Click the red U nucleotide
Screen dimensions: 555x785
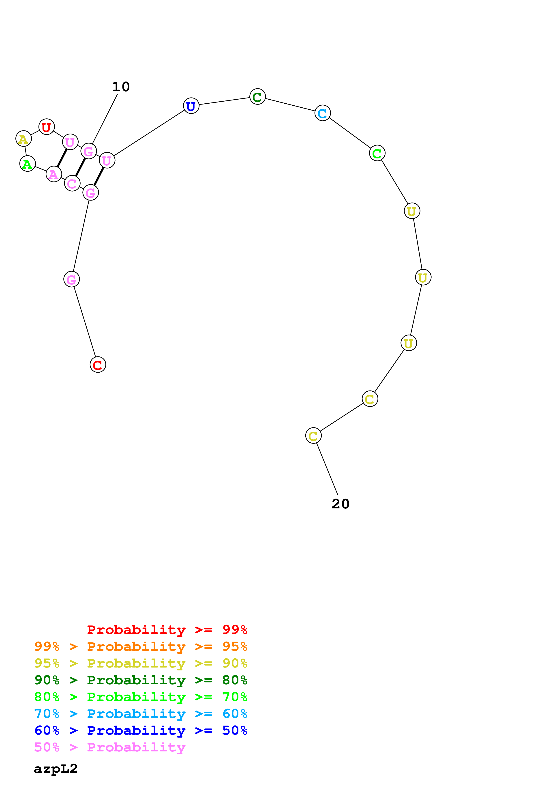point(47,127)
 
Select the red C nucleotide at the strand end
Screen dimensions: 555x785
point(98,365)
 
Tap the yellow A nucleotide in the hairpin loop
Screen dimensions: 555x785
point(24,139)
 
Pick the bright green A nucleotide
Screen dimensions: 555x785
point(27,164)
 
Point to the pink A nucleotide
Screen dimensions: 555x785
point(54,174)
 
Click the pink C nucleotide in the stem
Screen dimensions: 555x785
point(72,183)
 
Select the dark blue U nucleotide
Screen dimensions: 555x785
point(191,106)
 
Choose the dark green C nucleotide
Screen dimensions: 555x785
point(257,97)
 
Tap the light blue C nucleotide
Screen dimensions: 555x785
point(322,113)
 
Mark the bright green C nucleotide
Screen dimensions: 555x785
point(377,153)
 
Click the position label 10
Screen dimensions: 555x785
point(121,87)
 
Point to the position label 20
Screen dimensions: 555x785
point(341,504)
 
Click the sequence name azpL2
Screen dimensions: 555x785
point(56,769)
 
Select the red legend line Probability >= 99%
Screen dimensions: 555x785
point(167,630)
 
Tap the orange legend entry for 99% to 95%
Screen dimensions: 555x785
point(141,646)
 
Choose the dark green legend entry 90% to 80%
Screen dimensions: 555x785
point(141,680)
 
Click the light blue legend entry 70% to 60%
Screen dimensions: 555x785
point(141,714)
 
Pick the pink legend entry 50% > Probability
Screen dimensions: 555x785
point(110,747)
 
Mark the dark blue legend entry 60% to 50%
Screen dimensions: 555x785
point(141,730)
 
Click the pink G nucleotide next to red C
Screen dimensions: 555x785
point(71,279)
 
